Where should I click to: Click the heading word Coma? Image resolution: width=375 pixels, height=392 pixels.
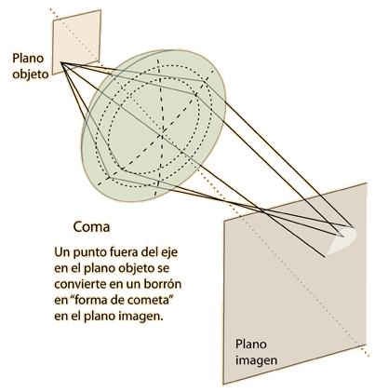(91, 227)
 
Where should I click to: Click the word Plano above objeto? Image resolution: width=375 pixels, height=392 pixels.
(28, 58)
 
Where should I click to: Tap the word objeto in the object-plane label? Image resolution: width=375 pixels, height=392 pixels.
(31, 74)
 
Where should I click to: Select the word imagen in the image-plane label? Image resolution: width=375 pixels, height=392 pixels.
(256, 360)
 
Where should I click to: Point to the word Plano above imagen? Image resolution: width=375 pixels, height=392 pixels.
(251, 344)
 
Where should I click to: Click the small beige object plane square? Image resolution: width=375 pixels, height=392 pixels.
(76, 42)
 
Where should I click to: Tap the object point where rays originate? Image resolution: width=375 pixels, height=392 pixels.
(61, 63)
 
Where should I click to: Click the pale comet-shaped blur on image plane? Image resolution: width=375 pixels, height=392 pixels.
(342, 241)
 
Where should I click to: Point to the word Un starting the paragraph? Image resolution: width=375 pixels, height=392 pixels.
(62, 251)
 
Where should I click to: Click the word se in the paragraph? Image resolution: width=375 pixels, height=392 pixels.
(163, 268)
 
